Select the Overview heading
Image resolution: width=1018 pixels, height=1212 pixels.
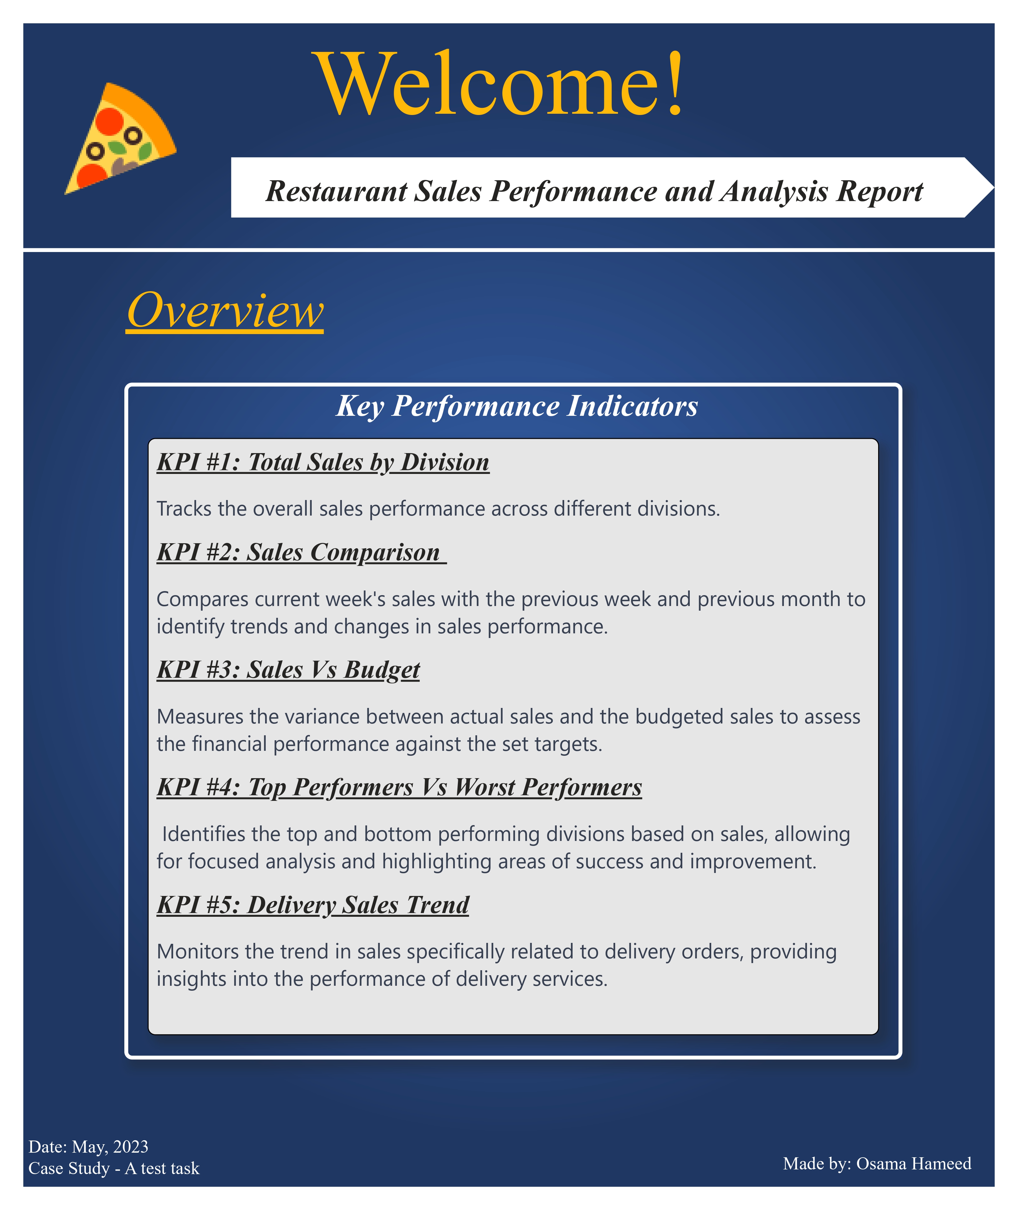click(x=225, y=310)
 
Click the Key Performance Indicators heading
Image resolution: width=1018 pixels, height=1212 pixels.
click(x=517, y=406)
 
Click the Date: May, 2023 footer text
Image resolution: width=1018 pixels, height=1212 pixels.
click(x=88, y=1146)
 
